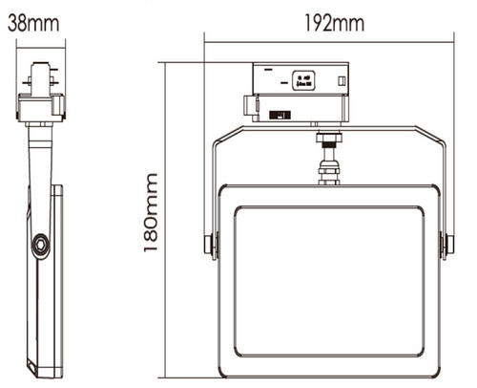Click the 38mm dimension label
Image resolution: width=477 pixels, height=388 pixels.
33,23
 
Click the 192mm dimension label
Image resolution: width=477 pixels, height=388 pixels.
335,23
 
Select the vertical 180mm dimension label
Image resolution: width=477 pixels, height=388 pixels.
151,212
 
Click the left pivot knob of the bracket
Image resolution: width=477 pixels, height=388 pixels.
209,245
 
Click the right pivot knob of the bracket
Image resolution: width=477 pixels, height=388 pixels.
449,245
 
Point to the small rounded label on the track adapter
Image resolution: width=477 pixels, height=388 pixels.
303,80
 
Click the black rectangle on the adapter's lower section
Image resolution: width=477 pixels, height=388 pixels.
280,115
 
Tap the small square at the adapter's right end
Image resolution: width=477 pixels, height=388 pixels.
342,81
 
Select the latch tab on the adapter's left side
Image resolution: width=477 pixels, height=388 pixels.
250,106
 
